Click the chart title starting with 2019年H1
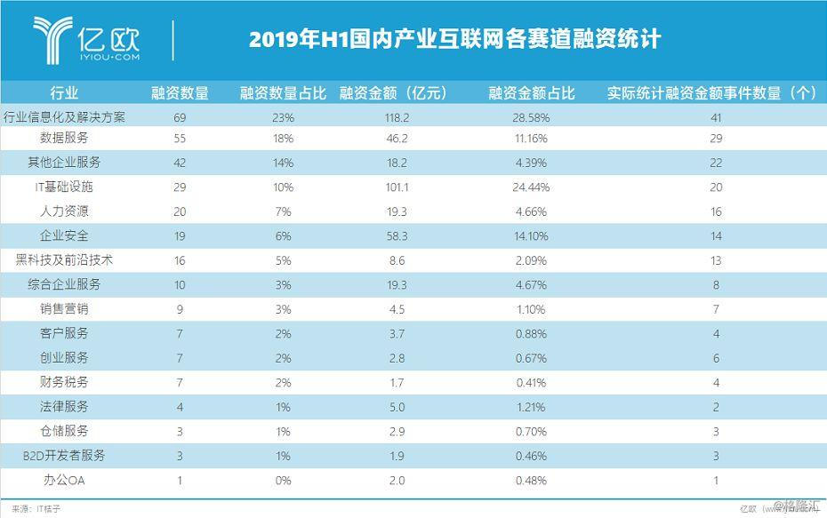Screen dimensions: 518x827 [x=454, y=40]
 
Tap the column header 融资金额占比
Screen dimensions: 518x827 [x=531, y=93]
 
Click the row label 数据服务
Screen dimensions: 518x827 [x=64, y=139]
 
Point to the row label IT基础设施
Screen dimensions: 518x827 [x=64, y=187]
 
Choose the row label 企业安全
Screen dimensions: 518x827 [x=64, y=236]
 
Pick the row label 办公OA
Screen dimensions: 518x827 [x=64, y=480]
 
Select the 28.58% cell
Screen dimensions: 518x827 [x=531, y=117]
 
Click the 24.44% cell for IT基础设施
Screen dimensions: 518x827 [x=531, y=187]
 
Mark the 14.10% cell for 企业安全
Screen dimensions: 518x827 [x=531, y=236]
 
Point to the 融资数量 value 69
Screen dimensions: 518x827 [x=180, y=117]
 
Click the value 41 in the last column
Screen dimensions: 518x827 [x=715, y=117]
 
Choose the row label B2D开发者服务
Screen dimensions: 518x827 [x=64, y=456]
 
